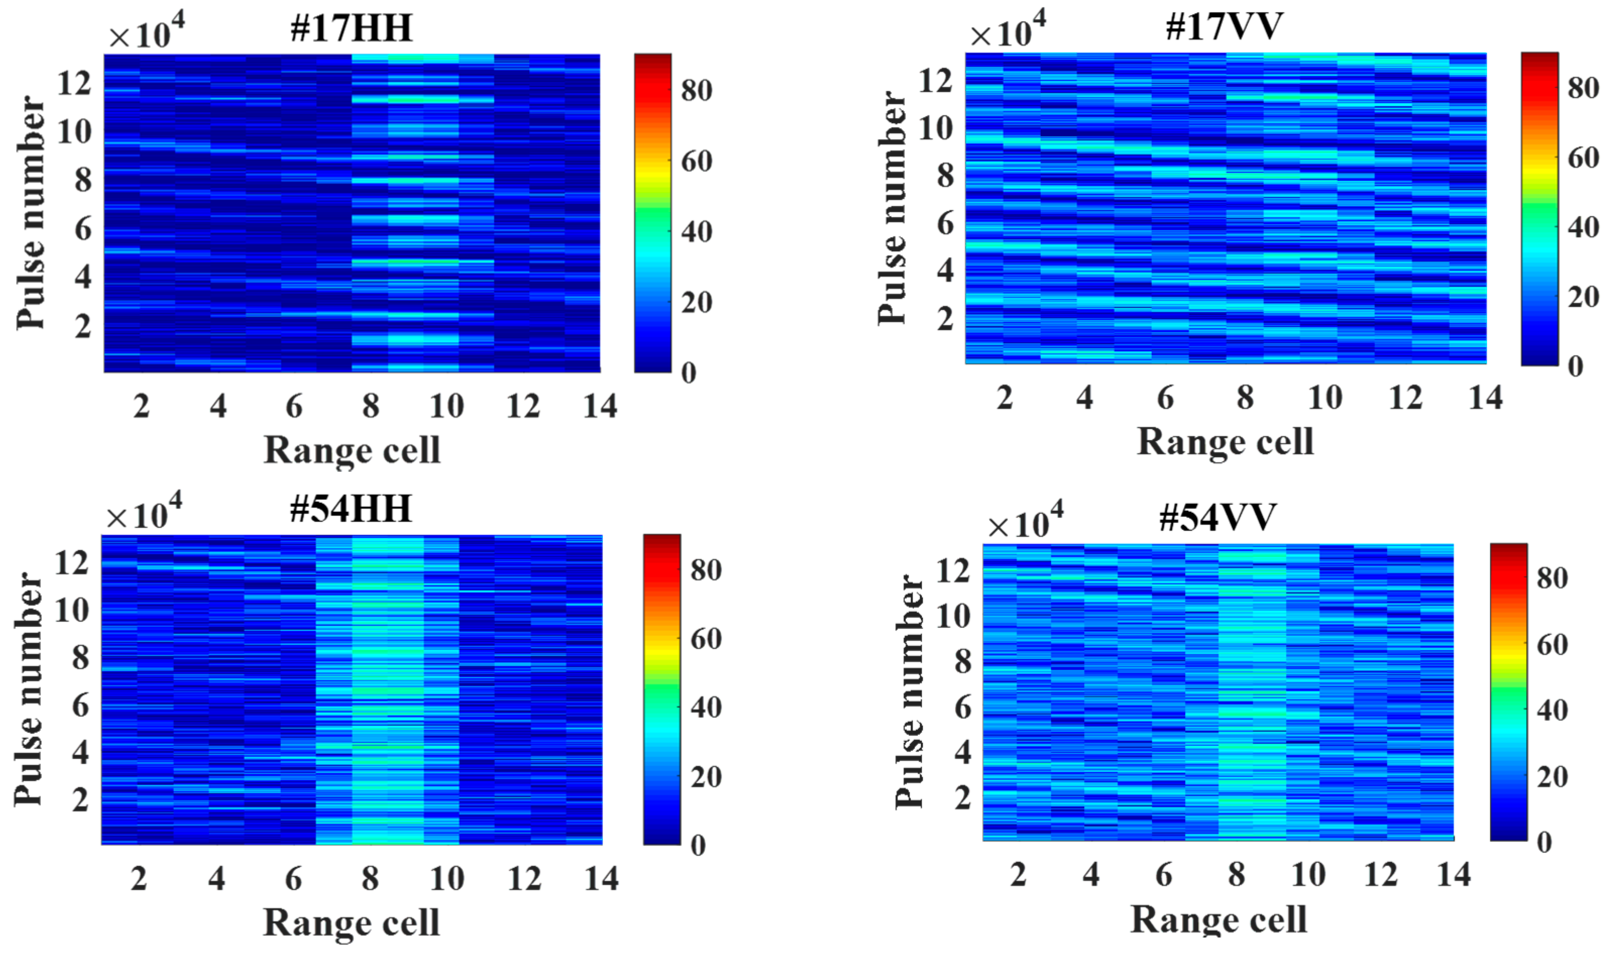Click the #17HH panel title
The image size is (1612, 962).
(351, 29)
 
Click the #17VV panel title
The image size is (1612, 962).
(1224, 27)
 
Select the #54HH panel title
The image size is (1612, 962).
(351, 509)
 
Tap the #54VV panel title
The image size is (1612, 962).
(1217, 517)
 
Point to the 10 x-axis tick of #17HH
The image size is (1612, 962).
(447, 407)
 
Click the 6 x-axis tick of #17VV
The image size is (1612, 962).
(1165, 398)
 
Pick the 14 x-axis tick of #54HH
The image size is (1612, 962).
(601, 879)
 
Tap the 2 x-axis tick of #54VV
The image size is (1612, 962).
(1018, 875)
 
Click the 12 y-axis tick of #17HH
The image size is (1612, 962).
(75, 84)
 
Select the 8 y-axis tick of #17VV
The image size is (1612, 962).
(945, 176)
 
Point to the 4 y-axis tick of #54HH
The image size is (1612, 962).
(80, 753)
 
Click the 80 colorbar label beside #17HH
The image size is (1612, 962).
(697, 90)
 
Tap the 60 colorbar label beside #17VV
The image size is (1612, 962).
(1583, 157)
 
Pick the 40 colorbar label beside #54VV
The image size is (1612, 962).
(1552, 710)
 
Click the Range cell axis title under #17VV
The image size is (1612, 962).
(1225, 442)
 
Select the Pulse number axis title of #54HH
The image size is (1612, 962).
(29, 689)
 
